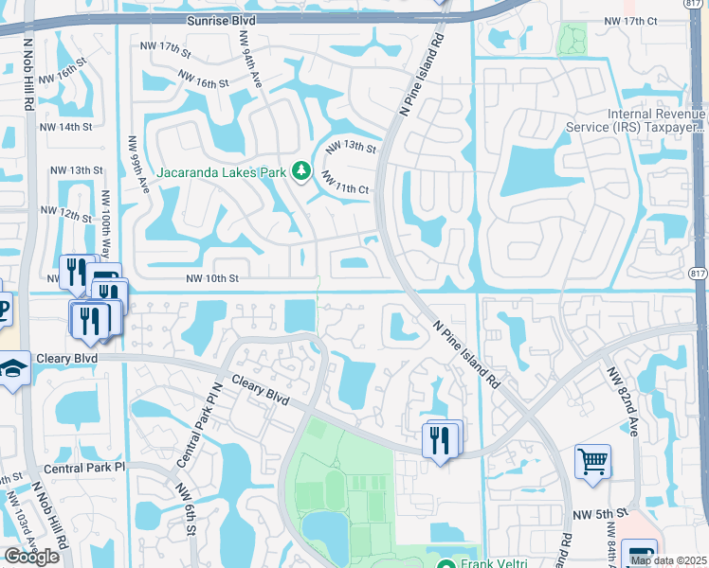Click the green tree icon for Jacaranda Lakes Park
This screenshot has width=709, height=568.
[302, 170]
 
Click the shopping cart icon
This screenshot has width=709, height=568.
[592, 462]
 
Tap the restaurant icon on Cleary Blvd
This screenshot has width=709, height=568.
[441, 439]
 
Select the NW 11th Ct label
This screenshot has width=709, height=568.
[343, 182]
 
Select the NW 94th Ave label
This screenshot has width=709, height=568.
[251, 61]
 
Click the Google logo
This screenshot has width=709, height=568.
[32, 557]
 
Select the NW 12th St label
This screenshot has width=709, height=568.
[67, 214]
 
